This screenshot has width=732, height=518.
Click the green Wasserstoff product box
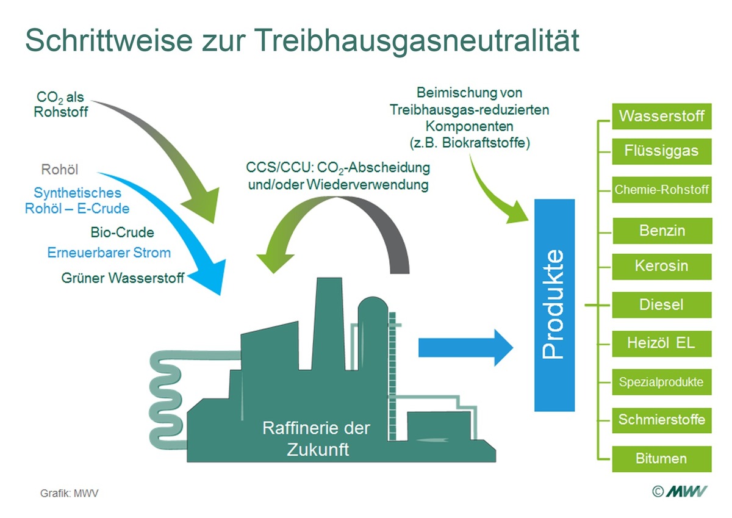(662, 116)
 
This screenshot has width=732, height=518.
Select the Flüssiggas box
(662, 150)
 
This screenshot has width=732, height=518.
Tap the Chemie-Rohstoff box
(662, 190)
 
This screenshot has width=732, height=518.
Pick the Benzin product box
(662, 231)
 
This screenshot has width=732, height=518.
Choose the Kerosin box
(662, 266)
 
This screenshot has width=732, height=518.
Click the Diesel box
(662, 304)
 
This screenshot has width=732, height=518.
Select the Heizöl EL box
(662, 343)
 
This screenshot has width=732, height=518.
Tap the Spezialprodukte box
(662, 383)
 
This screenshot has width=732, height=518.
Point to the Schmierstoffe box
(662, 420)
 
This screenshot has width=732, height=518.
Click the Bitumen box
(662, 458)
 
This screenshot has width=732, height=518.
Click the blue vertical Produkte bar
(554, 304)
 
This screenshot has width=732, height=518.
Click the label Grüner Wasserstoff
(123, 278)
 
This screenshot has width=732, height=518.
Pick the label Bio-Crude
(122, 232)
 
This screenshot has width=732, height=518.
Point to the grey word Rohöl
(60, 170)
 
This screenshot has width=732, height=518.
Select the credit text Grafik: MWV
(69, 493)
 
